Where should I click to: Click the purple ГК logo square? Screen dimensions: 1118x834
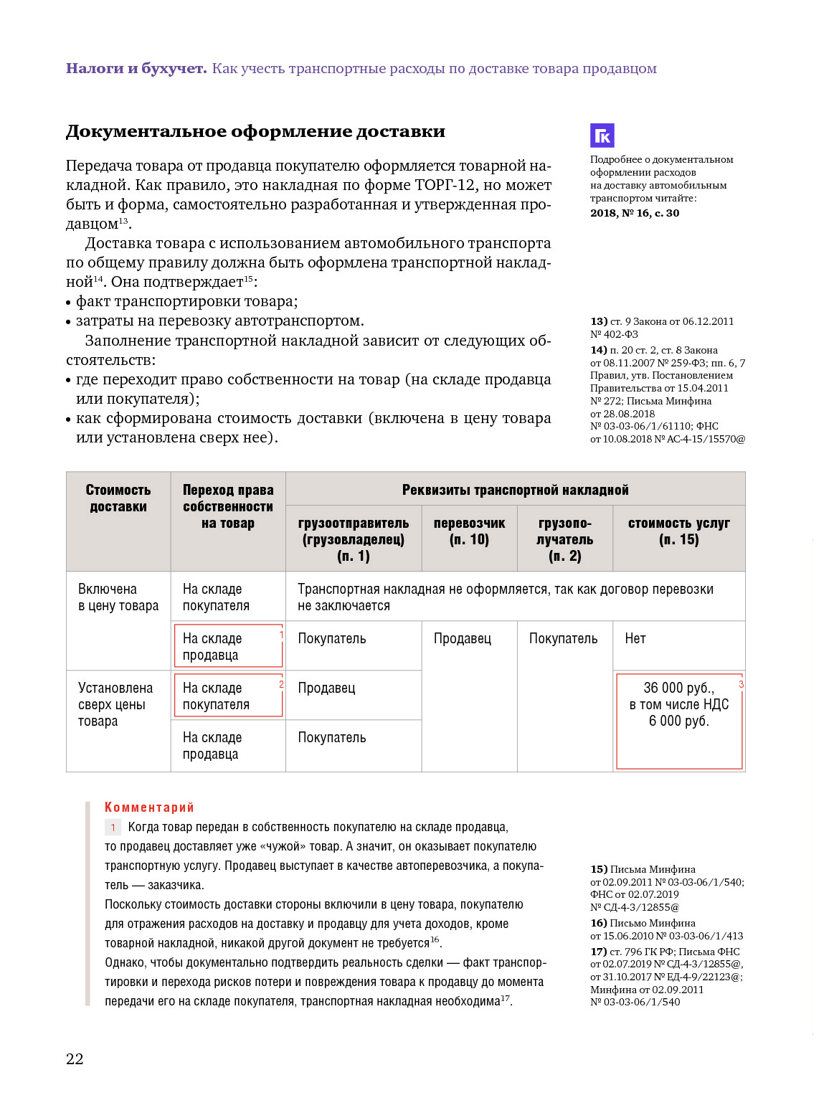(x=602, y=136)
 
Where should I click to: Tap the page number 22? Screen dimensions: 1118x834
(x=75, y=1058)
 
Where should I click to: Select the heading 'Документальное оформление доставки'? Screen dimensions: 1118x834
(x=255, y=131)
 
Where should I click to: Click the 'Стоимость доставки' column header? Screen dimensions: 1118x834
(x=118, y=498)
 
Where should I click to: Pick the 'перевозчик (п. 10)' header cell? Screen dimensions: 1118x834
(x=469, y=531)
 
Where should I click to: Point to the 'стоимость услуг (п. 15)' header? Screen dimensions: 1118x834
(x=678, y=531)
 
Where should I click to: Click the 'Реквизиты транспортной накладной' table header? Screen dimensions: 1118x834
(x=515, y=490)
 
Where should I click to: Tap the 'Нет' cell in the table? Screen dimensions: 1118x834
(x=635, y=638)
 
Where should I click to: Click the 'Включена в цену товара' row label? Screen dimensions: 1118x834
(x=118, y=597)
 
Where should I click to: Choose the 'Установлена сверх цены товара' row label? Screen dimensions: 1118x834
(x=115, y=704)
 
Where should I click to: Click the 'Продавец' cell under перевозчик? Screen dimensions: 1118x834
(x=463, y=638)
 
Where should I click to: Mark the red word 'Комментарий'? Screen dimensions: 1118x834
(x=149, y=807)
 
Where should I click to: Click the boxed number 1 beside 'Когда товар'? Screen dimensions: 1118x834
(x=113, y=828)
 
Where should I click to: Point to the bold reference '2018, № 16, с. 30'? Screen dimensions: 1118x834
(x=635, y=213)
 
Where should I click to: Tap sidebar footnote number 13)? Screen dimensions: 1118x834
(x=599, y=321)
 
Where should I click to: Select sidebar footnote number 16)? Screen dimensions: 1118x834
(x=599, y=923)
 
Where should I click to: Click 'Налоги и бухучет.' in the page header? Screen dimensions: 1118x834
(x=136, y=69)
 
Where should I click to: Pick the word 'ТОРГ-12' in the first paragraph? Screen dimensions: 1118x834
(x=445, y=185)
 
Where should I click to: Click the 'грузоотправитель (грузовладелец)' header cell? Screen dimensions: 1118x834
(x=354, y=539)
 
